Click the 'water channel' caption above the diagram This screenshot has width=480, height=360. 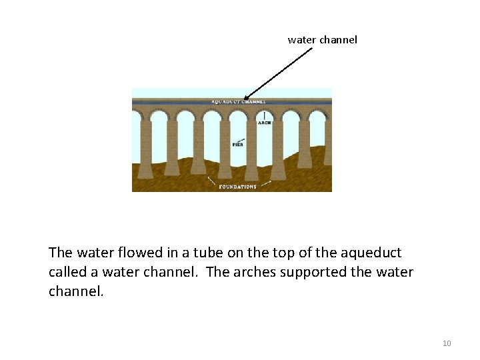322,40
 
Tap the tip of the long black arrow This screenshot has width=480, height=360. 244,99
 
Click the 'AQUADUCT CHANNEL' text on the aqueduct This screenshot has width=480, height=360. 239,102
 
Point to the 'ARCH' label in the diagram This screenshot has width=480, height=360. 264,123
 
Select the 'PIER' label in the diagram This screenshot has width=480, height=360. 237,145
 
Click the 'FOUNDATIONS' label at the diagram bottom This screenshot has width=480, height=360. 237,187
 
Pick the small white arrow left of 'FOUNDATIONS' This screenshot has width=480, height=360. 211,181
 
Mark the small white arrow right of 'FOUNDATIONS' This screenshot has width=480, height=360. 265,182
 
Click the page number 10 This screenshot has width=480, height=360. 447,343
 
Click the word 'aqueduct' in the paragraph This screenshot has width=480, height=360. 371,253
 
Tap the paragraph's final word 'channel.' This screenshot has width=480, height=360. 76,291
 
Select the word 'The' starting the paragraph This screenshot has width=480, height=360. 61,253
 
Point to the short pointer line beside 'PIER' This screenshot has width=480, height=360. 241,139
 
